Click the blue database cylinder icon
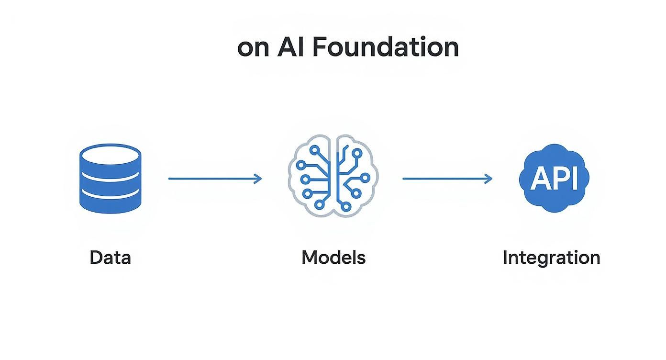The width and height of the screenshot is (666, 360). (x=110, y=178)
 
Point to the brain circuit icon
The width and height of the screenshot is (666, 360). (x=333, y=178)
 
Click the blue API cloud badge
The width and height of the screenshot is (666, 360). (x=554, y=178)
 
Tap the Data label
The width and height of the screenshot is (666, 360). (x=110, y=258)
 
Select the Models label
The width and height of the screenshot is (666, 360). (x=333, y=258)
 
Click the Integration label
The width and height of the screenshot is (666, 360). (x=551, y=258)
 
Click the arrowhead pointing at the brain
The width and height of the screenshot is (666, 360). (x=258, y=179)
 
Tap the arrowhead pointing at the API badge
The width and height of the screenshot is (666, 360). (x=488, y=179)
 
